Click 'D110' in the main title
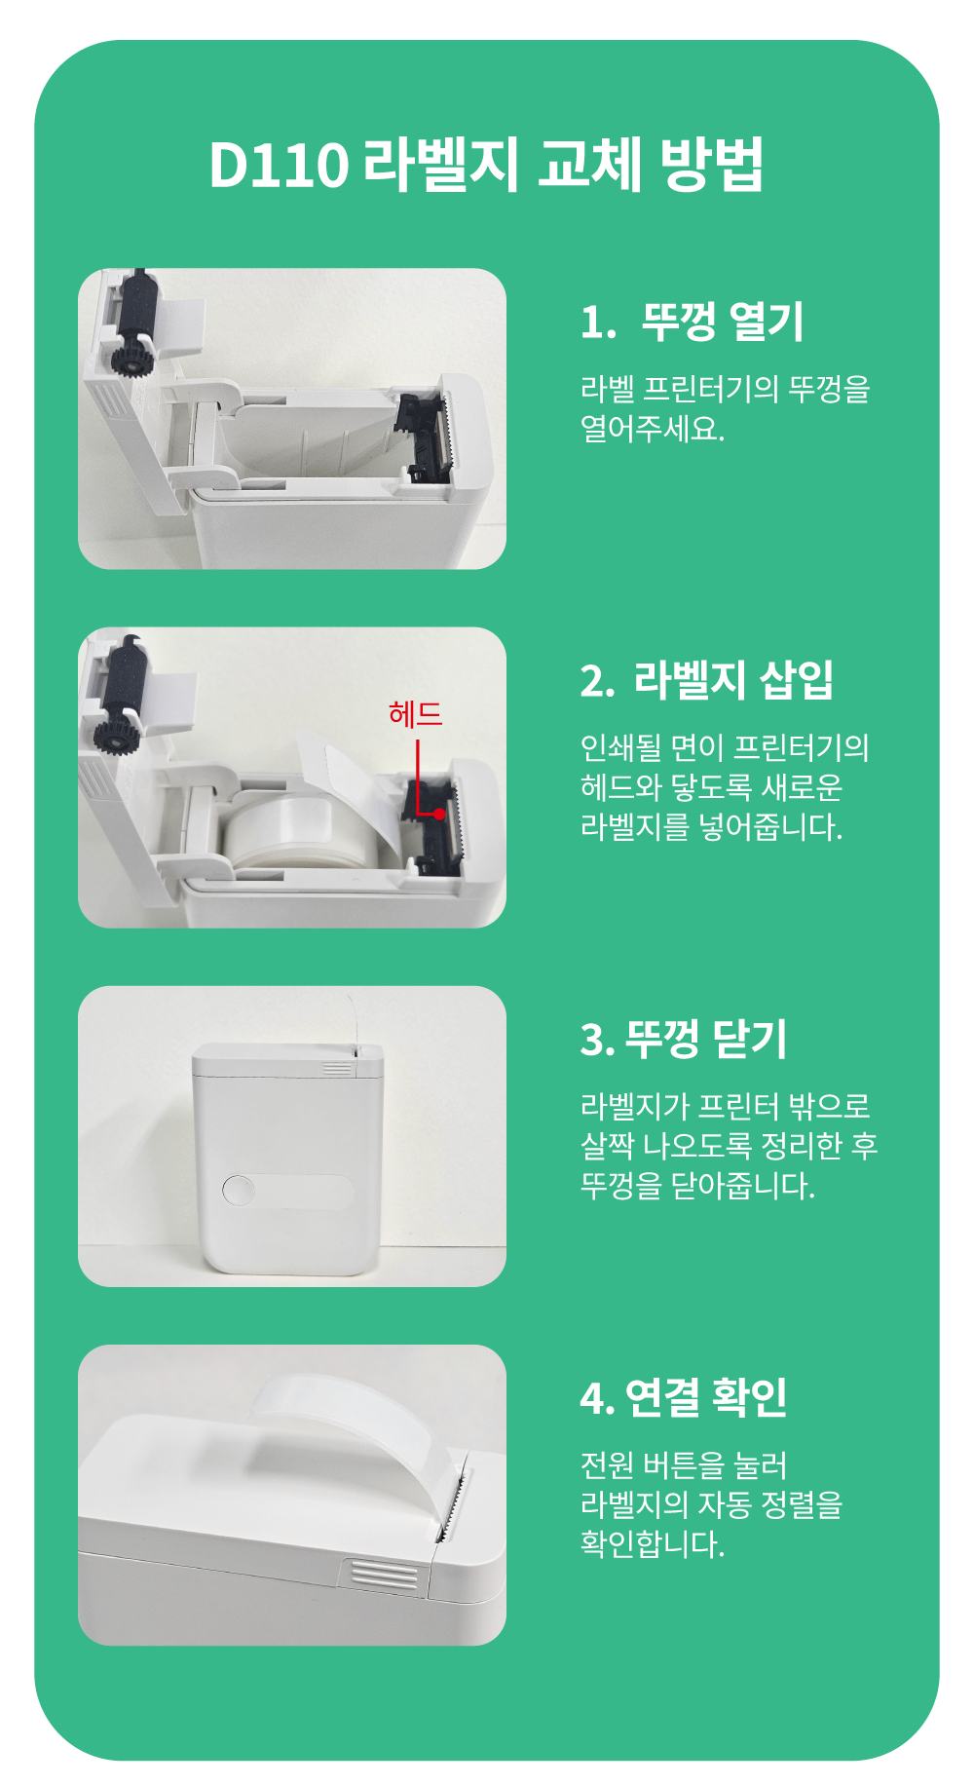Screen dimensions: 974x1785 tap(279, 165)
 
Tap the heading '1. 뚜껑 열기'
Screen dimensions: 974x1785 tap(692, 322)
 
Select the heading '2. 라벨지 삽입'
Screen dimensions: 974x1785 tap(706, 680)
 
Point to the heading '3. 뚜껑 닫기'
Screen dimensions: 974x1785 tap(684, 1039)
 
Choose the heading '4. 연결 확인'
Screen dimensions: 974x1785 tap(684, 1397)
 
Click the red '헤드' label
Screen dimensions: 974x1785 tap(416, 714)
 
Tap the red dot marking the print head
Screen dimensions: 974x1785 tap(439, 814)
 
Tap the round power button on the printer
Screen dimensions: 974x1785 tap(239, 1191)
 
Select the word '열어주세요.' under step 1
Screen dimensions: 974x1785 tap(653, 428)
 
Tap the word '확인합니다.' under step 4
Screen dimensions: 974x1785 tap(653, 1543)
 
